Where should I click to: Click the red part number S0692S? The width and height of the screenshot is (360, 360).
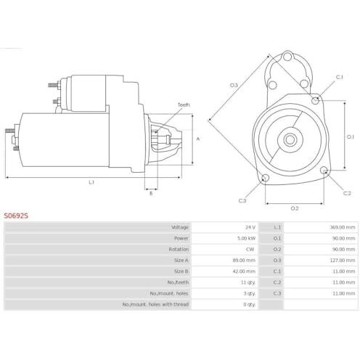(x=16, y=216)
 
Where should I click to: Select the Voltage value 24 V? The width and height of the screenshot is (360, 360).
(x=250, y=227)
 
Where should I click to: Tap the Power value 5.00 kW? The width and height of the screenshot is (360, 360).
(x=246, y=238)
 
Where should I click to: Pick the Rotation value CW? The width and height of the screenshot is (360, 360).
(x=250, y=249)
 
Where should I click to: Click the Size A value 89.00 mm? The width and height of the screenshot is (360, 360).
(x=244, y=261)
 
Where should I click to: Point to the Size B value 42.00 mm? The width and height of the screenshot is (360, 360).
(x=244, y=271)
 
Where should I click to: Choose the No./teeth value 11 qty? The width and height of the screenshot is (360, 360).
(x=248, y=282)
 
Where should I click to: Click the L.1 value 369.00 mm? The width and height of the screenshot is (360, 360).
(x=343, y=227)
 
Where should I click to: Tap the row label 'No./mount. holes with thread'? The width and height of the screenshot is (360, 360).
(x=155, y=304)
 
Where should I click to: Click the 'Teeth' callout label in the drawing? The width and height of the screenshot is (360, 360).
(x=184, y=105)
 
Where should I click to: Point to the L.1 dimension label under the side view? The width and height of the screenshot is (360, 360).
(x=91, y=182)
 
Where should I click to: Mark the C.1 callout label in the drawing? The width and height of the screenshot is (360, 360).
(x=339, y=77)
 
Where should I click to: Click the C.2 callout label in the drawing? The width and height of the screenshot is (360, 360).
(x=347, y=193)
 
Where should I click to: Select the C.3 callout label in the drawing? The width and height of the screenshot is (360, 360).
(x=242, y=200)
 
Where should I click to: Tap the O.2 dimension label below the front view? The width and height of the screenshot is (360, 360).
(x=295, y=208)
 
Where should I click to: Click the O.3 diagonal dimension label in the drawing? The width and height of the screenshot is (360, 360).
(x=234, y=85)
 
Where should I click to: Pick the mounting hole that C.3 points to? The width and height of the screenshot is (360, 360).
(x=266, y=178)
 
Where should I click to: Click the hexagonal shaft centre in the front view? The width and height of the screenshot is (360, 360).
(x=290, y=139)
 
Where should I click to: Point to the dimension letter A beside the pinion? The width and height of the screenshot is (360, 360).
(x=198, y=139)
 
